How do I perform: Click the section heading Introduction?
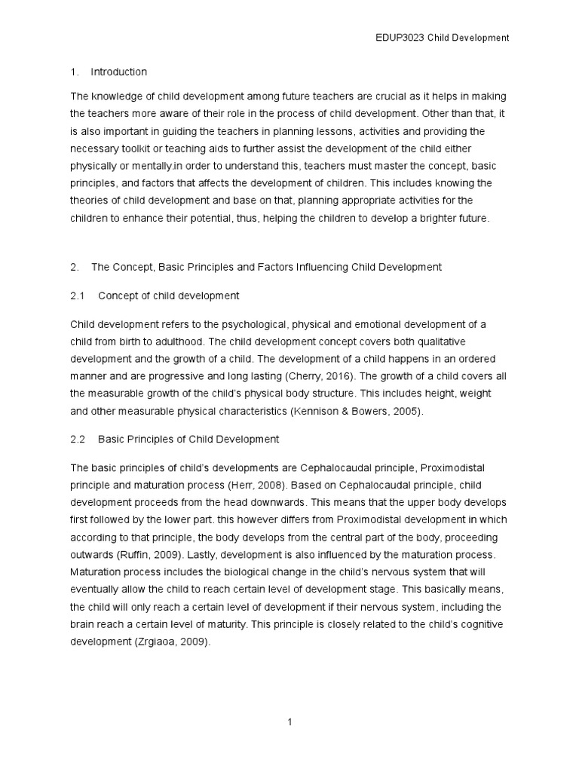point(118,72)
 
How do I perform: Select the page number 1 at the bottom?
point(289,722)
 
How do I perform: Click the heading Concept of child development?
point(169,296)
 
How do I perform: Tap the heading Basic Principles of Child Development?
point(188,439)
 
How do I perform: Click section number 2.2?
point(78,439)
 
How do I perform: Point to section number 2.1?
point(78,296)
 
